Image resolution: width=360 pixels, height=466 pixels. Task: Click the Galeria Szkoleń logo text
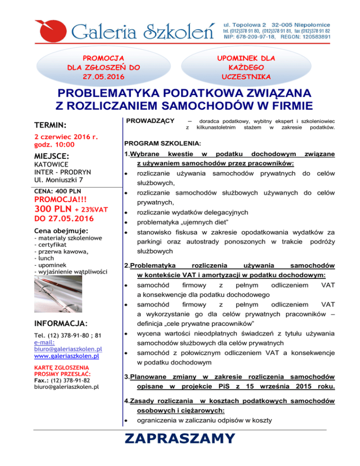[143, 31]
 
